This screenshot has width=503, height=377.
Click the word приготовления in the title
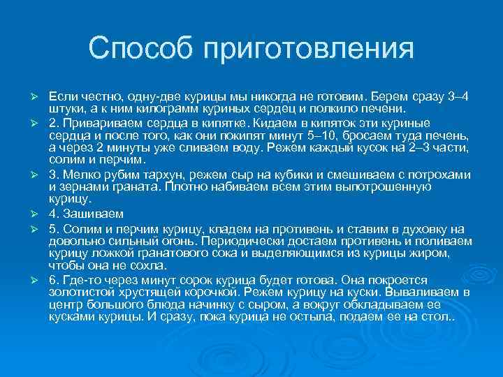308,49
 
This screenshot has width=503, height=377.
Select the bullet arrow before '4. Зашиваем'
31,212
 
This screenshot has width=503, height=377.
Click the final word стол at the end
437,316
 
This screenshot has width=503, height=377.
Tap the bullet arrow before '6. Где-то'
31,279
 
